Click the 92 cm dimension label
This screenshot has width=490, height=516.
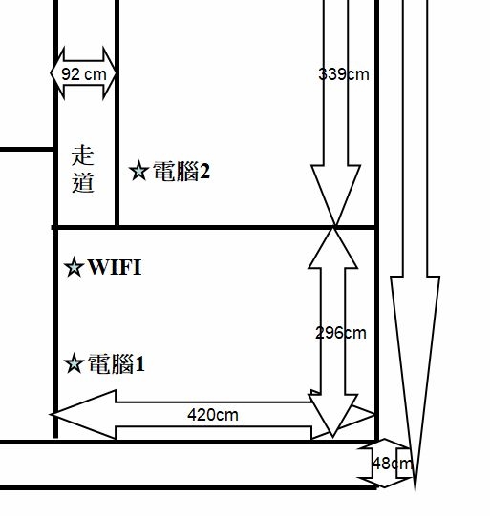[x=84, y=74]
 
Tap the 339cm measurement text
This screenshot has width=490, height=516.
[x=344, y=74]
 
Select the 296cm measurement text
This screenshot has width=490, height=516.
[x=341, y=333]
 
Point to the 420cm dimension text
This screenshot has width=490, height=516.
[x=213, y=415]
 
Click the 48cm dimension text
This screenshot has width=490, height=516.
[x=393, y=464]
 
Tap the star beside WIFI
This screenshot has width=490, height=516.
[x=74, y=267]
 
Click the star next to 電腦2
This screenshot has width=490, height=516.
[x=138, y=171]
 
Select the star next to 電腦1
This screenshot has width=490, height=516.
[x=74, y=363]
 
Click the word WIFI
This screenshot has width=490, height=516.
[x=115, y=267]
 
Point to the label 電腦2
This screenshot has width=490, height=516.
[x=181, y=171]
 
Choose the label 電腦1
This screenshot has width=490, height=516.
[x=117, y=364]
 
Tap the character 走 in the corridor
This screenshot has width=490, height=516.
[x=83, y=155]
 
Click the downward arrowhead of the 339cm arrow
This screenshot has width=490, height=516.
[x=335, y=195]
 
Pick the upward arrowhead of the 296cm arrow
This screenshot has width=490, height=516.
[x=333, y=248]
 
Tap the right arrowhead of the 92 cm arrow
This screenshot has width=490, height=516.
[x=109, y=73]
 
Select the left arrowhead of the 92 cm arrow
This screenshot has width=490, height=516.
[x=57, y=73]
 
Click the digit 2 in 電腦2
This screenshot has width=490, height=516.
[x=204, y=172]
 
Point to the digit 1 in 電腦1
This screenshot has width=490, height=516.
[x=140, y=364]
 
